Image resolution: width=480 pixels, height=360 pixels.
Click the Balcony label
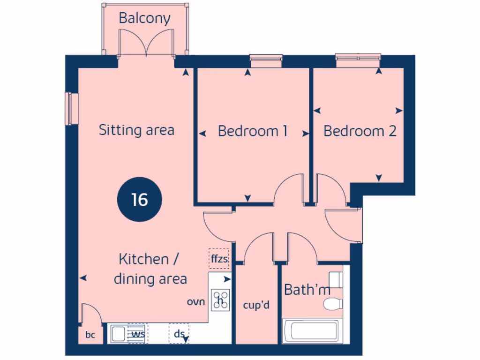click(144, 18)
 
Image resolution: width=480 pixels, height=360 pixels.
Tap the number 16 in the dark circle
click(139, 199)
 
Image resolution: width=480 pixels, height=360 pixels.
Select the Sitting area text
click(136, 130)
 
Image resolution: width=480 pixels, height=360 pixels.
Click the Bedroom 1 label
click(253, 131)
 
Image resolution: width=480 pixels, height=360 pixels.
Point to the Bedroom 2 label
click(360, 131)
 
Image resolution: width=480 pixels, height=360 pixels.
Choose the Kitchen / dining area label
click(150, 269)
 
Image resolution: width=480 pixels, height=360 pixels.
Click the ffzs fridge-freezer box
click(219, 258)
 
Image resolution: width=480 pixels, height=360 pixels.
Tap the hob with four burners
click(220, 300)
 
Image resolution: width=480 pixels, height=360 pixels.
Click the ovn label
click(196, 302)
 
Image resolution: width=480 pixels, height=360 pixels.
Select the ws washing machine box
click(137, 334)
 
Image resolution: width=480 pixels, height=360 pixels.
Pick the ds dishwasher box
click(179, 334)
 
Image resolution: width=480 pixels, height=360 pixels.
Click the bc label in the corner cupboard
click(90, 336)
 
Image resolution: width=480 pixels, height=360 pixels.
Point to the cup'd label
click(256, 305)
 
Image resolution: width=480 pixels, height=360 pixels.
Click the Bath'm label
click(307, 290)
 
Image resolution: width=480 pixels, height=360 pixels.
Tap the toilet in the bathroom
click(334, 303)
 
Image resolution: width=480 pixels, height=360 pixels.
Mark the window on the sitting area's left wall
click(72, 109)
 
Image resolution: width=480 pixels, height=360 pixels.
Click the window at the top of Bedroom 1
click(266, 59)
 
